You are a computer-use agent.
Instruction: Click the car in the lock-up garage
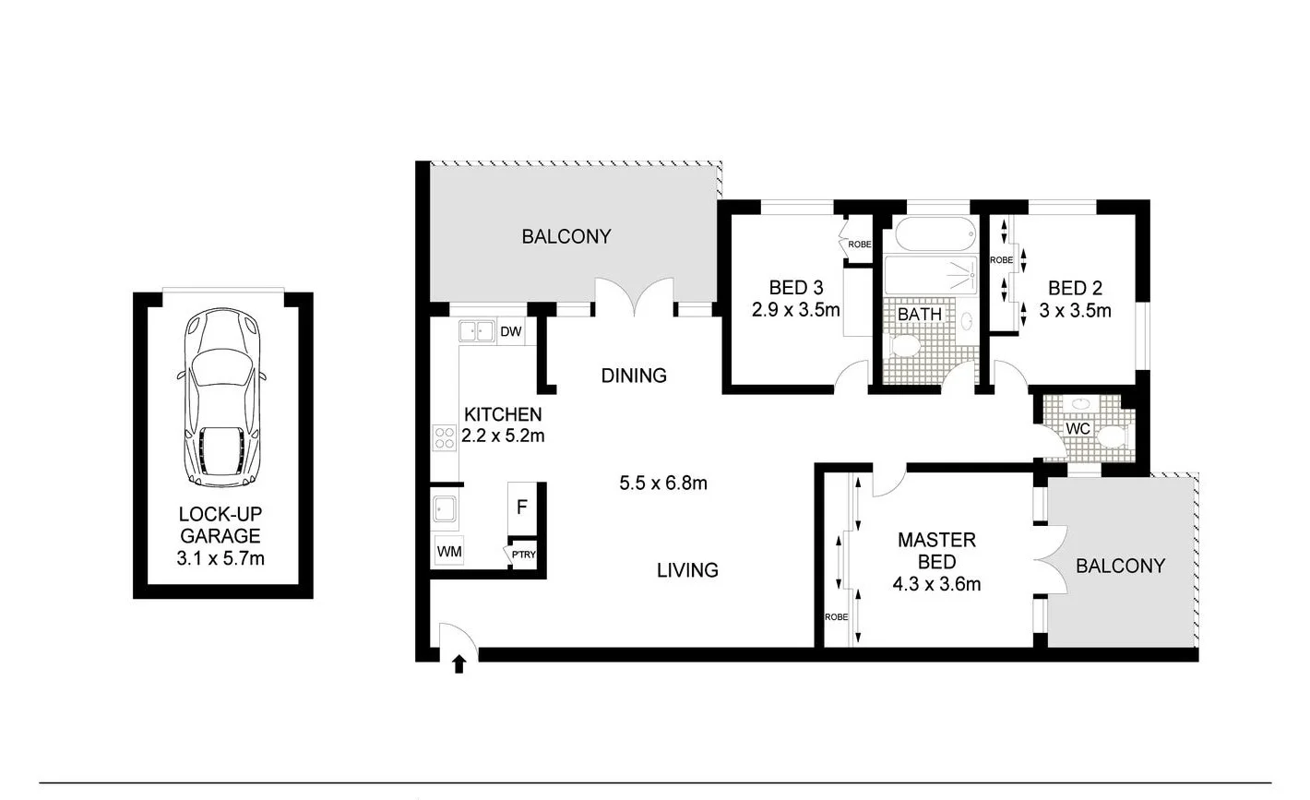pyautogui.click(x=222, y=398)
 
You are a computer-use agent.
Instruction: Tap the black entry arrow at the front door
pyautogui.click(x=459, y=663)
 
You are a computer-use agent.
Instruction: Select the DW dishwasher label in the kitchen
pyautogui.click(x=510, y=331)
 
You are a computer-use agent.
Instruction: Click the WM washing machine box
pyautogui.click(x=449, y=552)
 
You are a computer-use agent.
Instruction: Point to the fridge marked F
pyautogui.click(x=521, y=507)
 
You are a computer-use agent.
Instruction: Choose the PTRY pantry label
pyautogui.click(x=523, y=555)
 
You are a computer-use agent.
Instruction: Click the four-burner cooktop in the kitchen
pyautogui.click(x=445, y=436)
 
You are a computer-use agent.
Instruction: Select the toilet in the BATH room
pyautogui.click(x=906, y=348)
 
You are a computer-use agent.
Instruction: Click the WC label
pyautogui.click(x=1078, y=429)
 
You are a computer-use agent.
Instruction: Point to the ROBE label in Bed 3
pyautogui.click(x=860, y=245)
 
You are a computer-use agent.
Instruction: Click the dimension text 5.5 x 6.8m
pyautogui.click(x=664, y=483)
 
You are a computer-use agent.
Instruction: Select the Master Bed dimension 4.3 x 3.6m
pyautogui.click(x=936, y=583)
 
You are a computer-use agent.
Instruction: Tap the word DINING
pyautogui.click(x=634, y=376)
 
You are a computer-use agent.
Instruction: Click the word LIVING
pyautogui.click(x=687, y=570)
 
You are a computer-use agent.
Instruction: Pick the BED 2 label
pyautogui.click(x=1075, y=288)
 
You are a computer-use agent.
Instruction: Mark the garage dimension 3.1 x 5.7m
pyautogui.click(x=220, y=557)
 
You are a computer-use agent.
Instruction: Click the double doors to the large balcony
pyautogui.click(x=634, y=297)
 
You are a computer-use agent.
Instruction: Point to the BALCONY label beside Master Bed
pyautogui.click(x=1120, y=566)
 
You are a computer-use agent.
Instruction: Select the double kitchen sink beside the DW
pyautogui.click(x=477, y=330)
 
